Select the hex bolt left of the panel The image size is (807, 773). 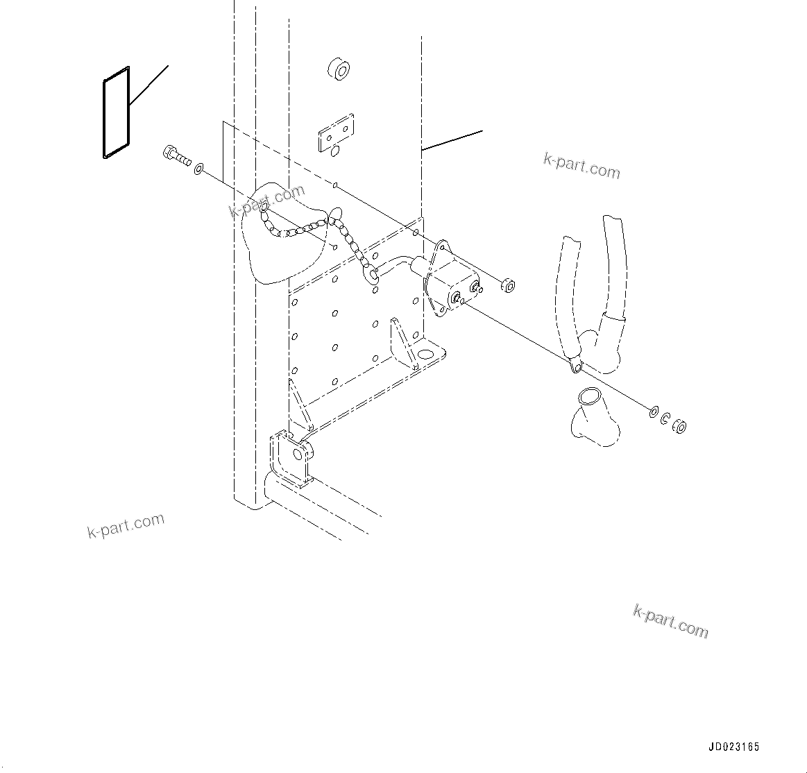176,156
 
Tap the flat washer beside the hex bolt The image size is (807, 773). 199,169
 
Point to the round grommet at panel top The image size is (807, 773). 337,69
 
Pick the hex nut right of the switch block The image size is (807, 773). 507,284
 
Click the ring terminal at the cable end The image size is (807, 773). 575,364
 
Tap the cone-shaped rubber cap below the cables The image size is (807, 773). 593,416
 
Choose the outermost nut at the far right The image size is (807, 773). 681,427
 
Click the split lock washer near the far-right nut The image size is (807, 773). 665,419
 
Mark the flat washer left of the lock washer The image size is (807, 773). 654,412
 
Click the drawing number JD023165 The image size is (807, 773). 733,747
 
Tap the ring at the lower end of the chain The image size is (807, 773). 373,275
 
